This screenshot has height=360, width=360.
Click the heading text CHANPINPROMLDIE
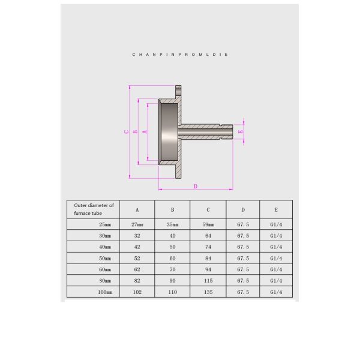[180, 54]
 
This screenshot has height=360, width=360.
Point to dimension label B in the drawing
[136, 131]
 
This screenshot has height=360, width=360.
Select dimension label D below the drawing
[196, 186]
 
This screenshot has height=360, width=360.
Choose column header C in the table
[208, 210]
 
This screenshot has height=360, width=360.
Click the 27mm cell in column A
[137, 224]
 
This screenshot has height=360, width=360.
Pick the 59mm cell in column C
[208, 224]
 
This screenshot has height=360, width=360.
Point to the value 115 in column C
[208, 280]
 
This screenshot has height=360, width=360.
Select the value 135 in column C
[208, 292]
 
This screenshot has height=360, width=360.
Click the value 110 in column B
[172, 292]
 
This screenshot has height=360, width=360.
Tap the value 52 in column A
[137, 258]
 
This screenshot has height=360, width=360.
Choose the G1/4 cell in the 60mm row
[275, 269]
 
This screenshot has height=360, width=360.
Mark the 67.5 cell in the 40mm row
[242, 247]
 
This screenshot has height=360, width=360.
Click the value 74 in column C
[208, 247]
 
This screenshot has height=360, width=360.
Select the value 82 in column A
[137, 280]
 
